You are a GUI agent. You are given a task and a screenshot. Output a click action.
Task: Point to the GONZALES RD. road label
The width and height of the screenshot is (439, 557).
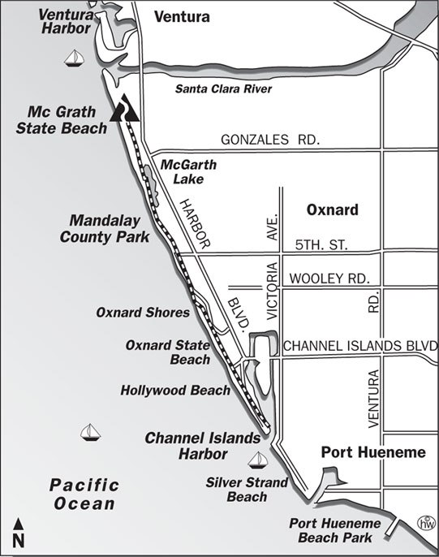270,139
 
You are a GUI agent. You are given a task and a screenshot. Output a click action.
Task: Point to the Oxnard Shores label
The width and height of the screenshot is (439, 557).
143,312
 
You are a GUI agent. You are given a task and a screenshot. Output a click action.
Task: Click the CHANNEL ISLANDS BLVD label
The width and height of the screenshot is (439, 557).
359,346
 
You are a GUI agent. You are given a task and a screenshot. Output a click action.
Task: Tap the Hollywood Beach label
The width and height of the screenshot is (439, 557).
175,390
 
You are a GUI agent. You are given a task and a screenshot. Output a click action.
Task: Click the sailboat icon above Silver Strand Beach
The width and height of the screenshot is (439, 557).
259,459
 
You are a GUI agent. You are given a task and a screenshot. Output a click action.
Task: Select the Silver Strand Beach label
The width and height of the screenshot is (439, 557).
247,489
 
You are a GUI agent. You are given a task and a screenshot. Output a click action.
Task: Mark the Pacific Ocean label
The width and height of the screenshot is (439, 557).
84,494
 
